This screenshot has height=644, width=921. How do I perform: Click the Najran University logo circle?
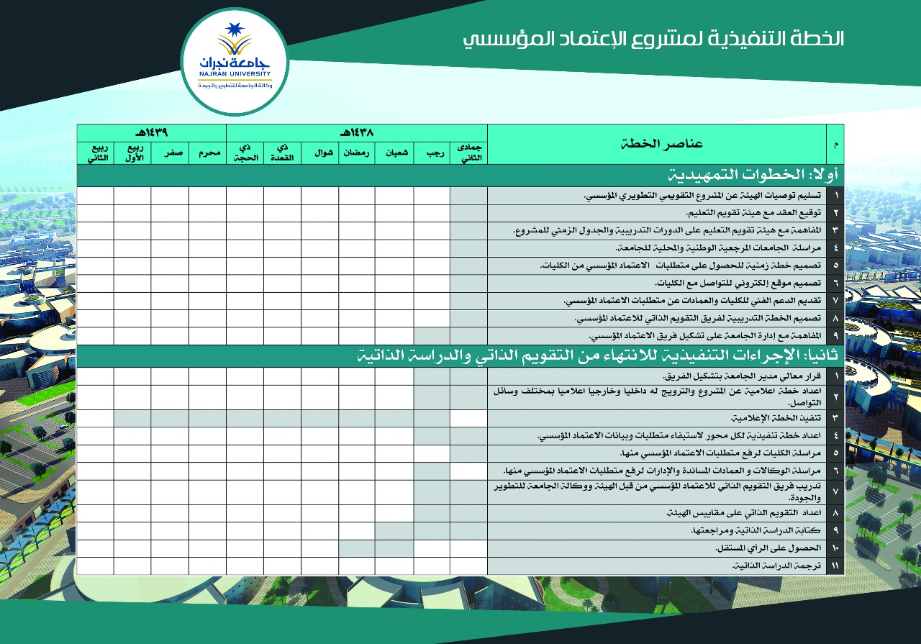pyautogui.click(x=235, y=63)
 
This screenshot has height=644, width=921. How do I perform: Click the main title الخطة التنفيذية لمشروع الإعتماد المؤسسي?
pyautogui.click(x=653, y=39)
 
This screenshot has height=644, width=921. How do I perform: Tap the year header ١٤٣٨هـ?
pyautogui.click(x=356, y=132)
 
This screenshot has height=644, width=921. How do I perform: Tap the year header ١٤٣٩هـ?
pyautogui.click(x=151, y=132)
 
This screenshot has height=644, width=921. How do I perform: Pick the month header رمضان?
pyautogui.click(x=356, y=153)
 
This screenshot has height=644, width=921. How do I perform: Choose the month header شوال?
pyautogui.click(x=319, y=153)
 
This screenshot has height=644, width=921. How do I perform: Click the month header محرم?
pyautogui.click(x=207, y=153)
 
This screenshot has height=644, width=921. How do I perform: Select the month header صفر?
pyautogui.click(x=170, y=153)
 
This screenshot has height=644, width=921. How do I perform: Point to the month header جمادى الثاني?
pyautogui.click(x=468, y=153)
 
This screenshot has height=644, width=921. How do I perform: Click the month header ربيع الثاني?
pyautogui.click(x=95, y=153)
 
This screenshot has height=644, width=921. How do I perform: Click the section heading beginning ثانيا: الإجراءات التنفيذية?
pyautogui.click(x=600, y=357)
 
